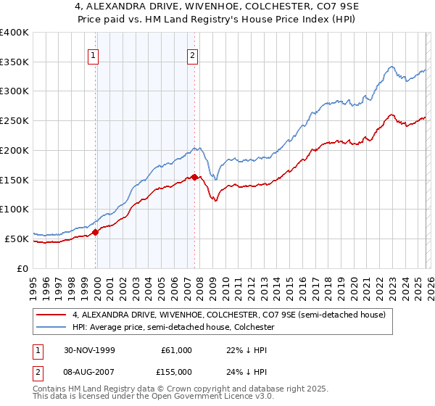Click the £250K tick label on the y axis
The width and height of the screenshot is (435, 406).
pos(14,121)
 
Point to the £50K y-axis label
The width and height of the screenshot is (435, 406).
pos(17,239)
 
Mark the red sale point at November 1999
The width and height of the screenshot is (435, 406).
pos(96,232)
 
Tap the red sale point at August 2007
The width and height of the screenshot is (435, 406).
pos(194,177)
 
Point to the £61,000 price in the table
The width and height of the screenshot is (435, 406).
pos(176,350)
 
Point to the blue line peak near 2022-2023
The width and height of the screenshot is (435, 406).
pos(391,67)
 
